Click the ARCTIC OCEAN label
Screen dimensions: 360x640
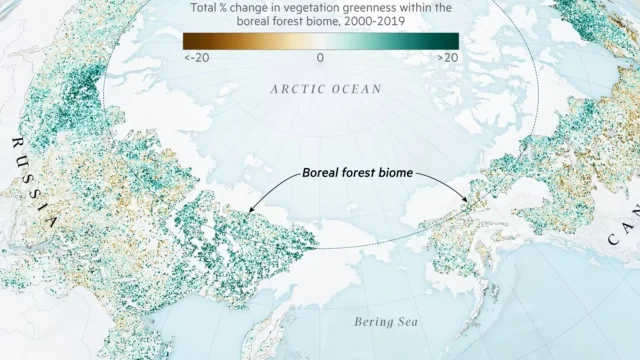(x=326, y=89)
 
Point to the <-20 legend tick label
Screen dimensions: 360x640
(x=196, y=57)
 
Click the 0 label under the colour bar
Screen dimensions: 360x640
(x=320, y=57)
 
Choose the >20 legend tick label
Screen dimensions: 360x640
(x=446, y=57)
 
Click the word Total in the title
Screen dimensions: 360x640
(x=206, y=8)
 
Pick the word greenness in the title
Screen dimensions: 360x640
(x=375, y=8)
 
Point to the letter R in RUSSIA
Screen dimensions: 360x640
(x=16, y=142)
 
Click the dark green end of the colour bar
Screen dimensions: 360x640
(x=452, y=41)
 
